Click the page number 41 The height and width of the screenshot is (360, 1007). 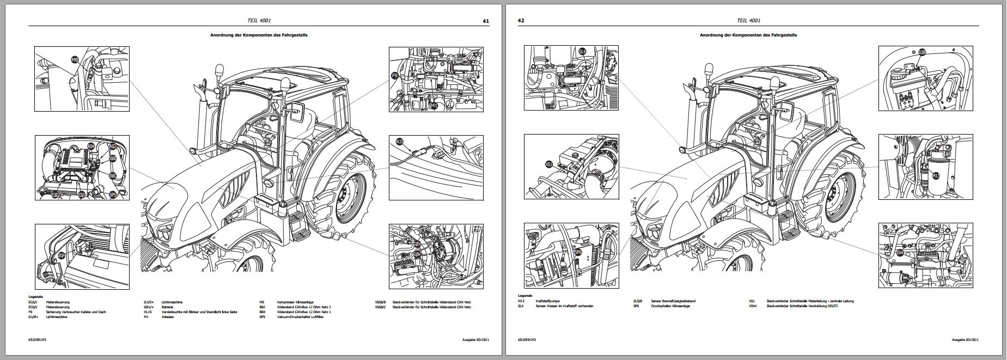coord(486,21)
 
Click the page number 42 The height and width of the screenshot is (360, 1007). coord(521,21)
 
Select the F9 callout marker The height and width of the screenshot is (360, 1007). coord(395,77)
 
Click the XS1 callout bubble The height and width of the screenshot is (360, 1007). coord(548,163)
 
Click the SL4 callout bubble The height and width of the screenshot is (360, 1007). coord(582,52)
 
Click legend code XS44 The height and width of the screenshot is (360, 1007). coord(753,306)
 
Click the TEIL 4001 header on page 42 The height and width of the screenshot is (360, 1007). coord(748,21)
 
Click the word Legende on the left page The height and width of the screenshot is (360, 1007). coord(36,297)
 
